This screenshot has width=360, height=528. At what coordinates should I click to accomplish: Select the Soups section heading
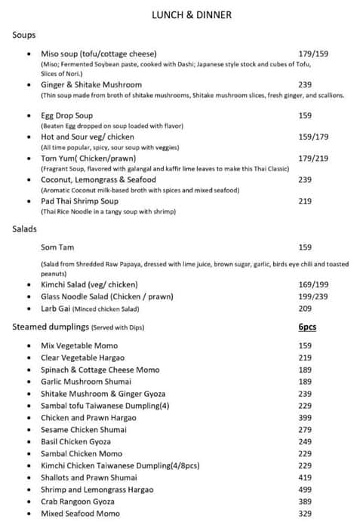pyautogui.click(x=24, y=35)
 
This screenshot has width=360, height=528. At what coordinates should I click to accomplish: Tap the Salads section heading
pyautogui.click(x=26, y=228)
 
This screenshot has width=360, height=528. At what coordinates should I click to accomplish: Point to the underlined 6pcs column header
pyautogui.click(x=308, y=327)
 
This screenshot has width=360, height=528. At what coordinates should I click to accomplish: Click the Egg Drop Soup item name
pyautogui.click(x=67, y=115)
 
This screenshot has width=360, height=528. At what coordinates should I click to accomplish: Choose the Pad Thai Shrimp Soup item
pyautogui.click(x=80, y=201)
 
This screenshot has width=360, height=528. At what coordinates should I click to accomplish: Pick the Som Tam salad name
pyautogui.click(x=57, y=247)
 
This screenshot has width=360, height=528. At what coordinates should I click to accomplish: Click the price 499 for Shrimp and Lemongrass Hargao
pyautogui.click(x=305, y=490)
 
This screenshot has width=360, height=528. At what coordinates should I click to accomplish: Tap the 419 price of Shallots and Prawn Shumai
pyautogui.click(x=305, y=477)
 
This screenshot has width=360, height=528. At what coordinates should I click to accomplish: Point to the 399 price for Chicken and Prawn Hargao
pyautogui.click(x=305, y=418)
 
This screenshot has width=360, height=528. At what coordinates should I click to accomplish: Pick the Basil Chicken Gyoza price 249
pyautogui.click(x=305, y=441)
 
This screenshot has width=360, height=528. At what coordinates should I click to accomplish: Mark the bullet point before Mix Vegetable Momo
pyautogui.click(x=29, y=345)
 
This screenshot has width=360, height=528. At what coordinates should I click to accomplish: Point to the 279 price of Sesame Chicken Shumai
pyautogui.click(x=305, y=429)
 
